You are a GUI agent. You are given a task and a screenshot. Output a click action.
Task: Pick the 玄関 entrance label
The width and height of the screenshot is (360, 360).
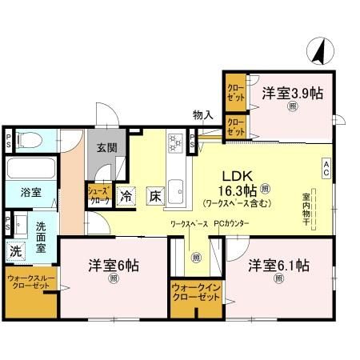click(x=108, y=147)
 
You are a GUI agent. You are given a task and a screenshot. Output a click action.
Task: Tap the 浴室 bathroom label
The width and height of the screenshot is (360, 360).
click(x=21, y=193)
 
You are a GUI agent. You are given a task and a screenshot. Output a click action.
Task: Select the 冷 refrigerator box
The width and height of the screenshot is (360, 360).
click(x=126, y=194)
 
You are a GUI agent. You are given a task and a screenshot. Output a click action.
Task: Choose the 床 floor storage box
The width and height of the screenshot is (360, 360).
click(x=154, y=194)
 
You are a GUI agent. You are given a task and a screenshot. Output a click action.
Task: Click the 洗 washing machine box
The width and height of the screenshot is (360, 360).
click(x=16, y=250)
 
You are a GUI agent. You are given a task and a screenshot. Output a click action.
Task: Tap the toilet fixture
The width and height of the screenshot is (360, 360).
click(x=26, y=142)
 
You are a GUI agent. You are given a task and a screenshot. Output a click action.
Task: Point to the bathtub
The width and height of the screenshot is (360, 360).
click(x=30, y=169)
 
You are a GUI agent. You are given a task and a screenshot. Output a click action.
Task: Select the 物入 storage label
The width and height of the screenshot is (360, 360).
click(x=202, y=115)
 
